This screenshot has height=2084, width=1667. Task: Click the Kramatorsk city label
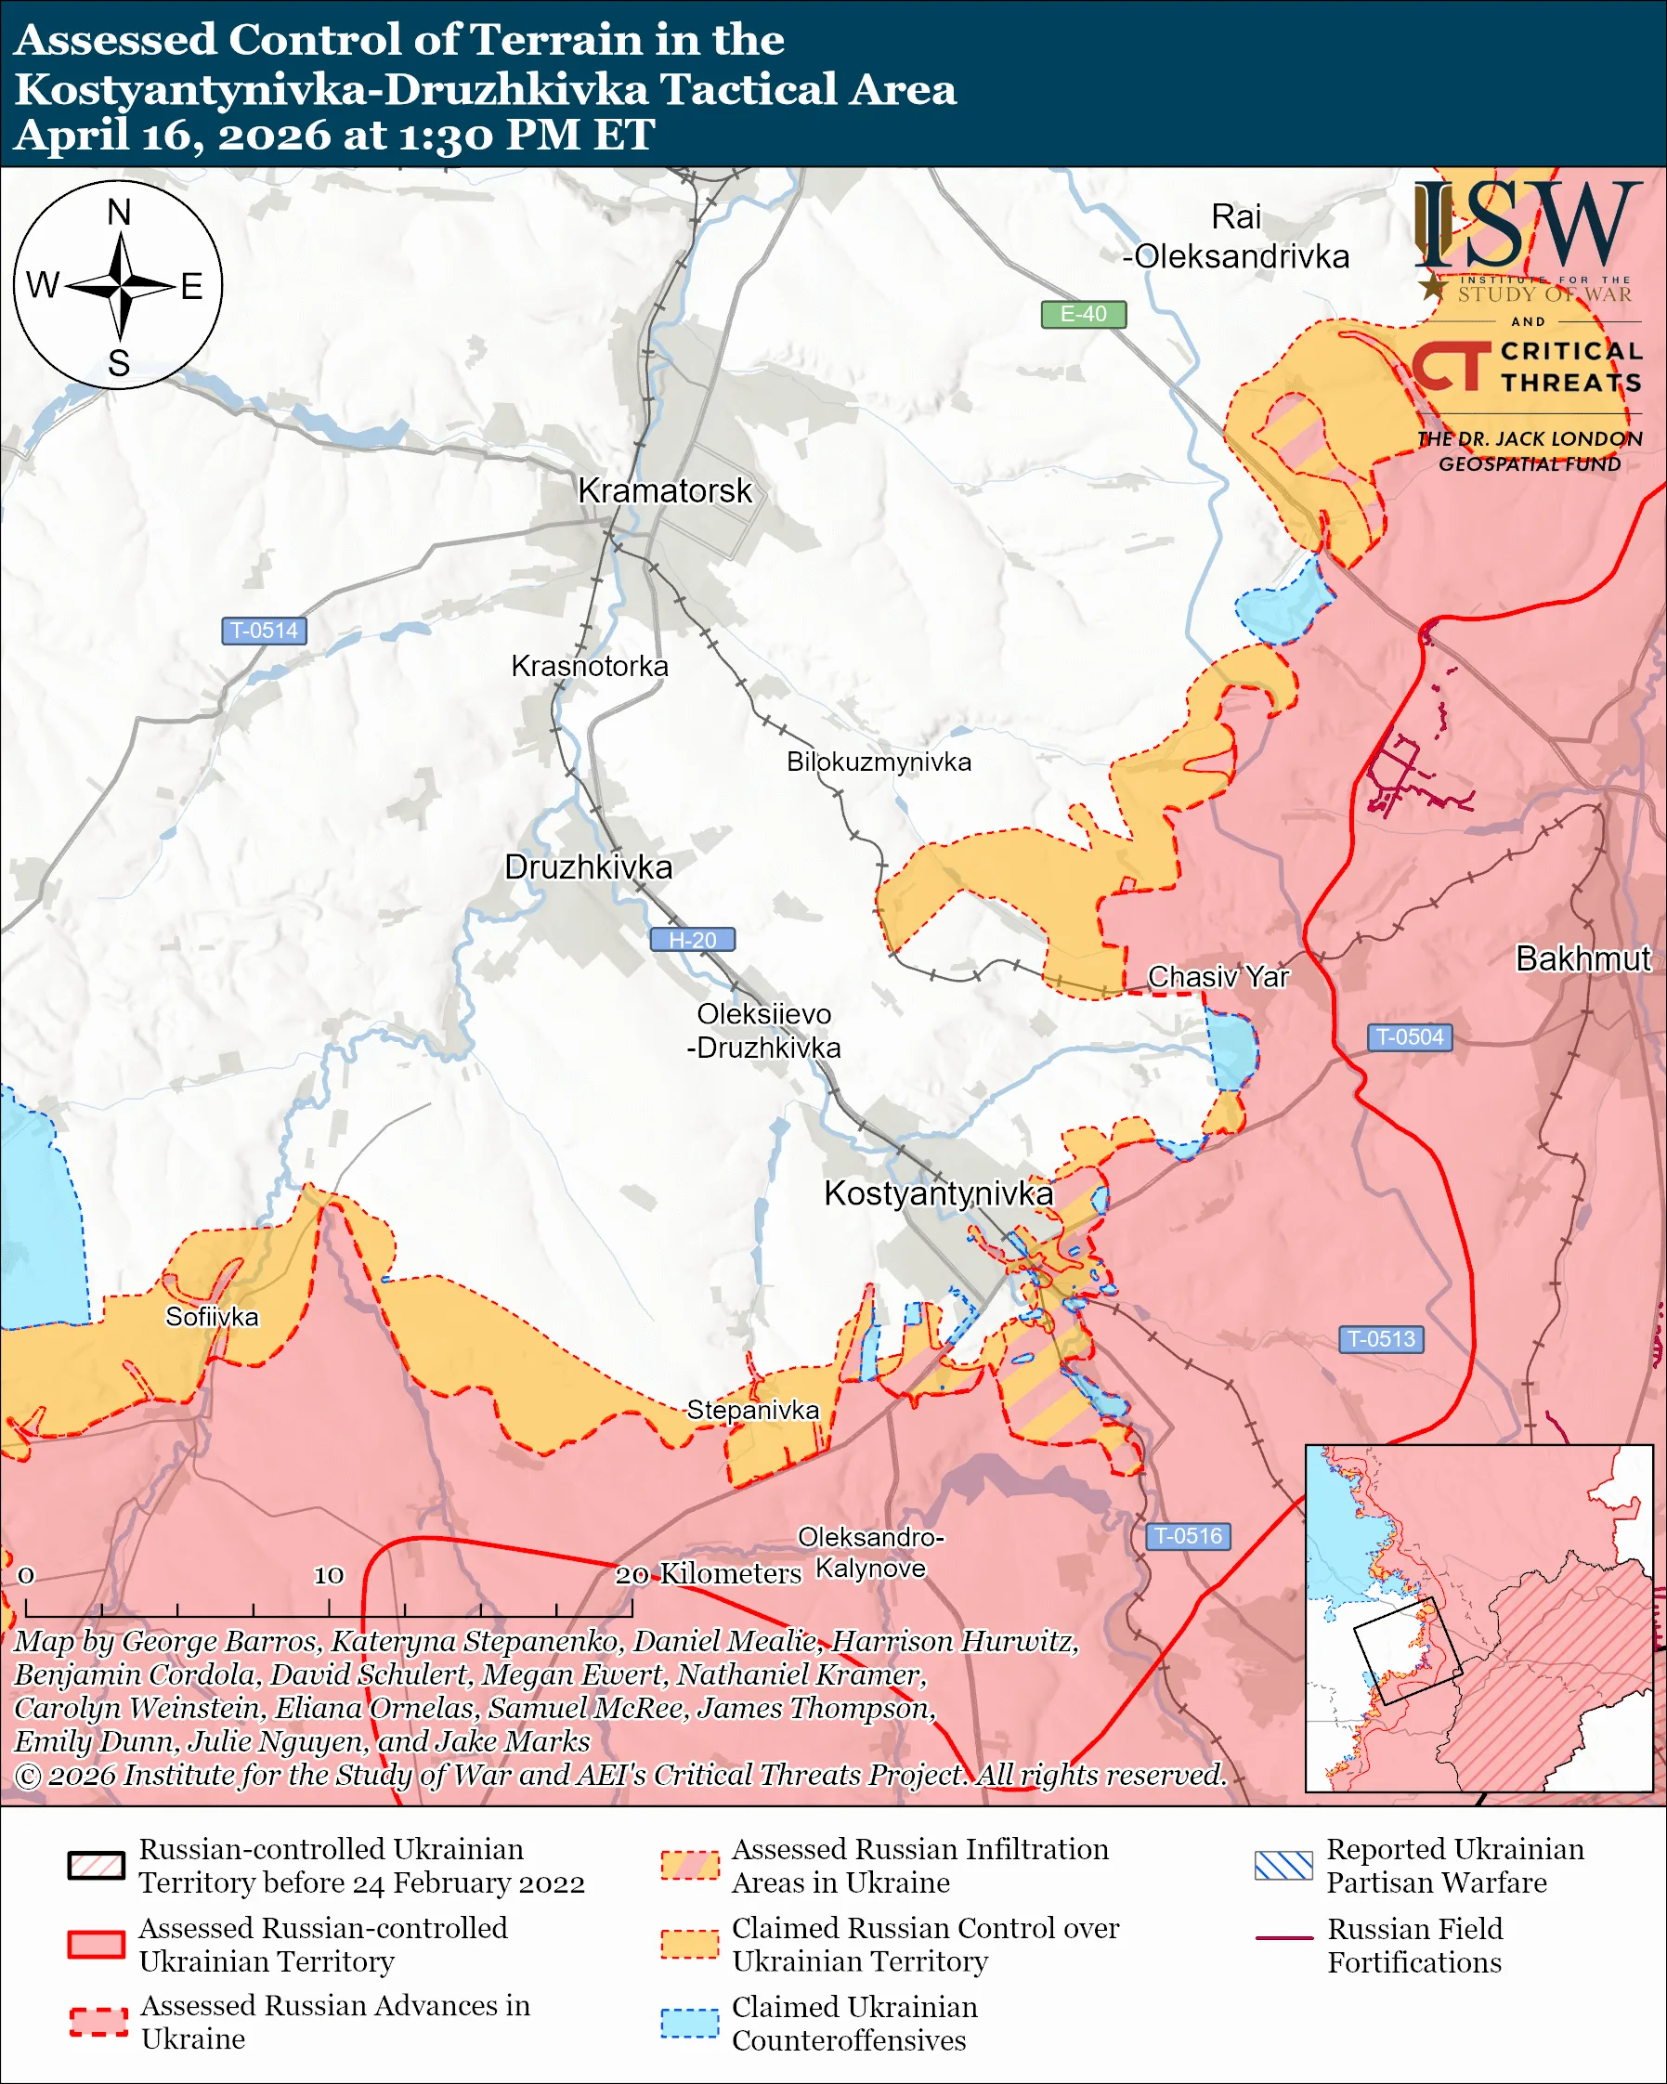coord(664,491)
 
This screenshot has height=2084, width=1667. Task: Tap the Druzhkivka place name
coord(588,867)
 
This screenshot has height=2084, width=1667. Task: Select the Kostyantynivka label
coord(937,1193)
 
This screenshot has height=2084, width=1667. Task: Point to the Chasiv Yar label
coord(1218,977)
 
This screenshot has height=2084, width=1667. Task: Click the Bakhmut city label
coord(1582,958)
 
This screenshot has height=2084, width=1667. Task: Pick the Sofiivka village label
coord(212,1318)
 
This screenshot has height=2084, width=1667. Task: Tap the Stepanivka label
coord(753,1411)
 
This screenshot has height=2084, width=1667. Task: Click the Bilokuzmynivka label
coord(879,762)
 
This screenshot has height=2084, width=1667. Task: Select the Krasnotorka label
coord(590,667)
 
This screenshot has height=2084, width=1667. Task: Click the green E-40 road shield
coord(1082,314)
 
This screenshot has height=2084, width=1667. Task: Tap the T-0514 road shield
coord(264,632)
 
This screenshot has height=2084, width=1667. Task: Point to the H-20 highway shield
coord(692,940)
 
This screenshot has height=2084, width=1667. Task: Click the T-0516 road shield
coord(1188,1536)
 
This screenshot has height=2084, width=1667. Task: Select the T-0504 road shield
coord(1409,1037)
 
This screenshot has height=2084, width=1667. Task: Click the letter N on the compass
coord(119,213)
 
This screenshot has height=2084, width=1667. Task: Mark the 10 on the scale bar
coord(329,1576)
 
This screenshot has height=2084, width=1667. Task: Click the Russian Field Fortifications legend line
coord(1283,1938)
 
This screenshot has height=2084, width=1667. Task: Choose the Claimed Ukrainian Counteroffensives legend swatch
coord(689,2023)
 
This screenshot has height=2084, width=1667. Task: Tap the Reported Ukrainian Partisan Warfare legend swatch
coord(1283,1866)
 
